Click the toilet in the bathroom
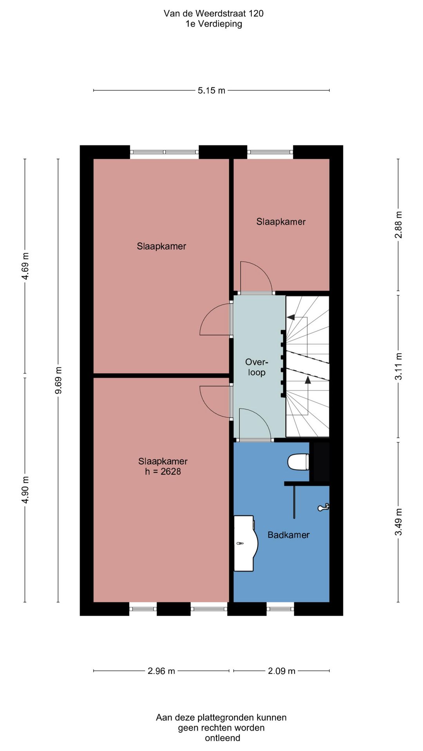[298, 462]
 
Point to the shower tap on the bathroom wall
[324, 507]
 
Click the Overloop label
[257, 367]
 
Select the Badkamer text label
[289, 535]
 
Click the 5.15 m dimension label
[211, 90]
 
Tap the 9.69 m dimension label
[58, 381]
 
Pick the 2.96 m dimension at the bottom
[161, 671]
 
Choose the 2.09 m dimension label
[282, 671]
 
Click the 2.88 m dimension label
[398, 225]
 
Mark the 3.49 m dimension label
[398, 522]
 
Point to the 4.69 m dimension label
[25, 266]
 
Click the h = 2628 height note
[163, 471]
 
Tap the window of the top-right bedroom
[270, 152]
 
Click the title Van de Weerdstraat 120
[213, 13]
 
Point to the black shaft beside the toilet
[321, 462]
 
